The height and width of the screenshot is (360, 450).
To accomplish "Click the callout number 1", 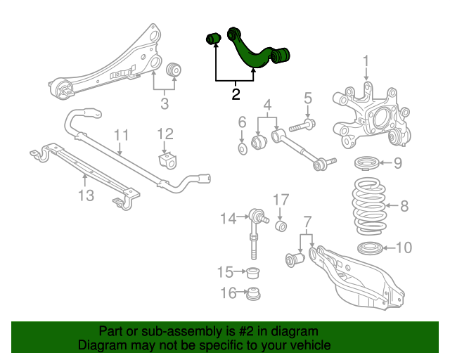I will click(x=366, y=69).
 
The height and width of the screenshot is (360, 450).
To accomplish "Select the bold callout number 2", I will click(x=236, y=93).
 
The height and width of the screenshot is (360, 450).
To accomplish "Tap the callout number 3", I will click(x=165, y=105).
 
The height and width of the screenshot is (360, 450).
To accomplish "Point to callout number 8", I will click(x=404, y=206).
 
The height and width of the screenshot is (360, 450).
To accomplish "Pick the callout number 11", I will click(x=121, y=135).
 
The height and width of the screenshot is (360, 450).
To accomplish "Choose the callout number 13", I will click(x=86, y=195).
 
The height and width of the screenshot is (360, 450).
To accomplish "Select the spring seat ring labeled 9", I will click(x=367, y=164).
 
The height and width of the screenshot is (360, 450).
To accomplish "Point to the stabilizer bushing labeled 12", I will click(x=167, y=160).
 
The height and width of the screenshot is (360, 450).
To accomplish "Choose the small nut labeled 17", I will click(x=281, y=226).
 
